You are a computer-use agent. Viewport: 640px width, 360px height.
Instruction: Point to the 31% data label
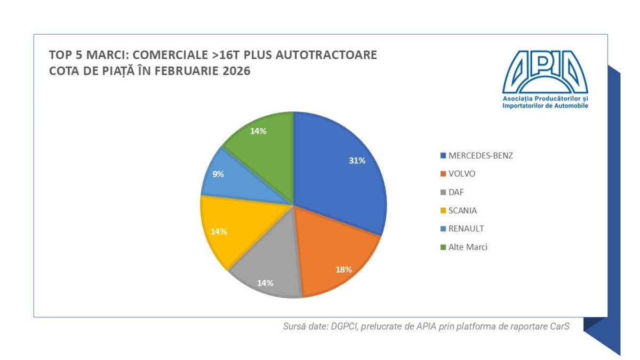pos(357,161)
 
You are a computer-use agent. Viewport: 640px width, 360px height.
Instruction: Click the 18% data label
pos(343,269)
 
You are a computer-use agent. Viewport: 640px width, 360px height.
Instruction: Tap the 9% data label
pos(218,174)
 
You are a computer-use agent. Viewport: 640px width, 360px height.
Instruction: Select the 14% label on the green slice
pos(259,131)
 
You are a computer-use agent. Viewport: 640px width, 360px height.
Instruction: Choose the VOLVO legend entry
pos(461,174)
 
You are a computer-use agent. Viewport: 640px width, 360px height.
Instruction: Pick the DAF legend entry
pos(456,192)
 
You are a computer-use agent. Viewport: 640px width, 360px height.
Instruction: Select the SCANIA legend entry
pos(462,210)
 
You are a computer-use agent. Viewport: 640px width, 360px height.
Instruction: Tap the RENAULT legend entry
pos(466,229)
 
